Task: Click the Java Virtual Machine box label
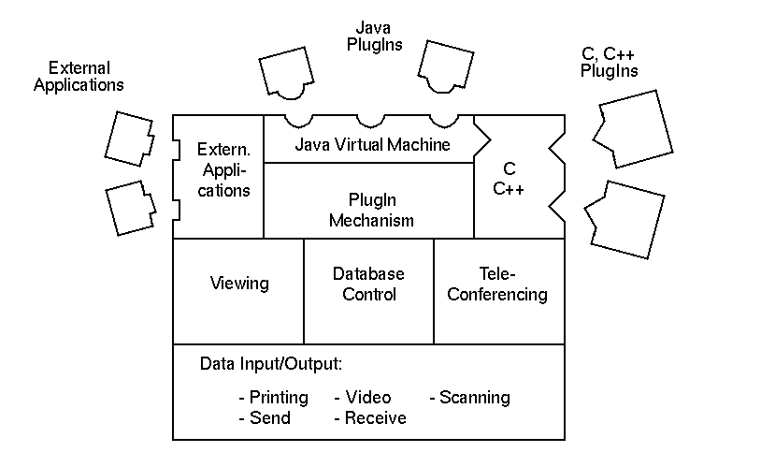pyautogui.click(x=372, y=145)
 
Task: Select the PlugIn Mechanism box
pyautogui.click(x=367, y=211)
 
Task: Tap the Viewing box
pyautogui.click(x=239, y=284)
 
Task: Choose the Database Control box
pyautogui.click(x=368, y=285)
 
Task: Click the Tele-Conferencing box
pyautogui.click(x=498, y=285)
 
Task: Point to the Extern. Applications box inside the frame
pyautogui.click(x=223, y=169)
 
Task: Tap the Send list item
pyautogui.click(x=265, y=418)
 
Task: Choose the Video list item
pyautogui.click(x=363, y=398)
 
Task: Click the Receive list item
pyautogui.click(x=370, y=418)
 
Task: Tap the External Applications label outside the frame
pyautogui.click(x=79, y=76)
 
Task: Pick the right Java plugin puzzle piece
pyautogui.click(x=448, y=67)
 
